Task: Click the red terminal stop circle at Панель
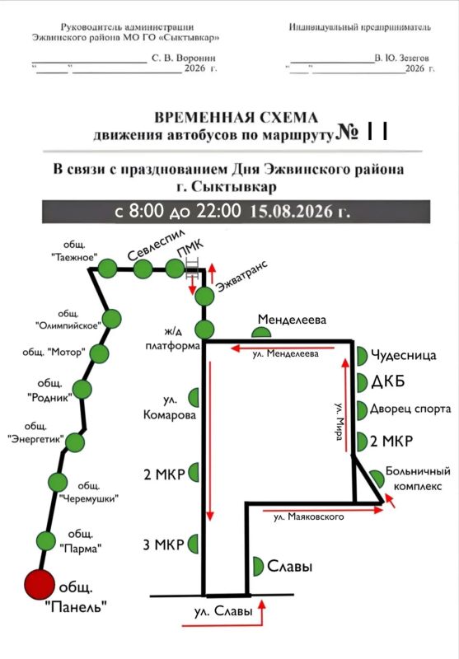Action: [40, 585]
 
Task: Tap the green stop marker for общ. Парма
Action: [46, 541]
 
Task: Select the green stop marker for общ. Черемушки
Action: [58, 482]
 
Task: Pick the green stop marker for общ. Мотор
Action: [99, 353]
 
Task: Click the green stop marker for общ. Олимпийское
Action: [112, 319]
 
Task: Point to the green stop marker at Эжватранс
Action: [204, 297]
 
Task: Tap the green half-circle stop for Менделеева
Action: [261, 333]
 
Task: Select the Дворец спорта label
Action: [410, 409]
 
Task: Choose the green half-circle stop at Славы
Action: [259, 567]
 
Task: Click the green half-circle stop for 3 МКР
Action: [194, 544]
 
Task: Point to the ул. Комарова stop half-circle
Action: [194, 398]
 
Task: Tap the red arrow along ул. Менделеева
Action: [283, 348]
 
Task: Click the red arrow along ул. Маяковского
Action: [323, 510]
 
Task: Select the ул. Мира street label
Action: [340, 422]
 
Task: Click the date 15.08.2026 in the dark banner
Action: [300, 211]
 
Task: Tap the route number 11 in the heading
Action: [377, 132]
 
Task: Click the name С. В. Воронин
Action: [184, 58]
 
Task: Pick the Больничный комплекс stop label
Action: [418, 479]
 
